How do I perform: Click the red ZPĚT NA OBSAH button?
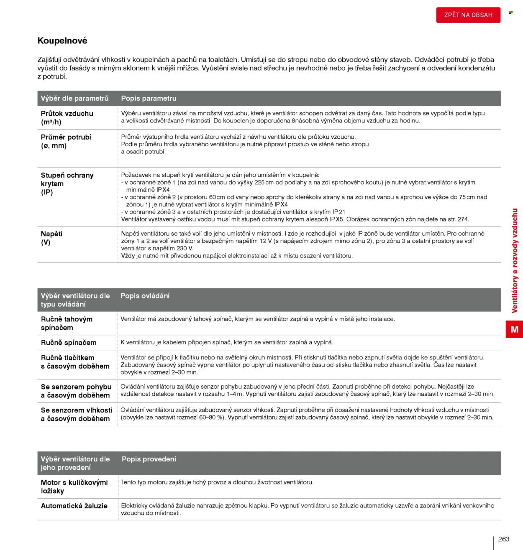click(468, 15)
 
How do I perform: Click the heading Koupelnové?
click(62, 41)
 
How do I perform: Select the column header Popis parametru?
click(149, 98)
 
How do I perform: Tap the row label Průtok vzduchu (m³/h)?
click(67, 117)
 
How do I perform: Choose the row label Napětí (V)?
click(51, 238)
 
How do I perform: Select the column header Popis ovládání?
click(145, 296)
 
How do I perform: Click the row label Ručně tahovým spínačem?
click(67, 323)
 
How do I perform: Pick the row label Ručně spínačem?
click(69, 343)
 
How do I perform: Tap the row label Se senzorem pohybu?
click(76, 391)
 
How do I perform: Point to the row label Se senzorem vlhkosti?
click(76, 415)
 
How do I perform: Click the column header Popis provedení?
click(149, 459)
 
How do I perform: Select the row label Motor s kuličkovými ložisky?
click(74, 486)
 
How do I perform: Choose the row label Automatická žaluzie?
click(74, 506)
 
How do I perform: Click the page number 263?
click(504, 539)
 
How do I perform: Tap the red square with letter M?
click(514, 329)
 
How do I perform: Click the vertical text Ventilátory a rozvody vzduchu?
click(515, 260)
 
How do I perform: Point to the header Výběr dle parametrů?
click(74, 98)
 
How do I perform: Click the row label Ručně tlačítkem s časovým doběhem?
click(75, 362)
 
